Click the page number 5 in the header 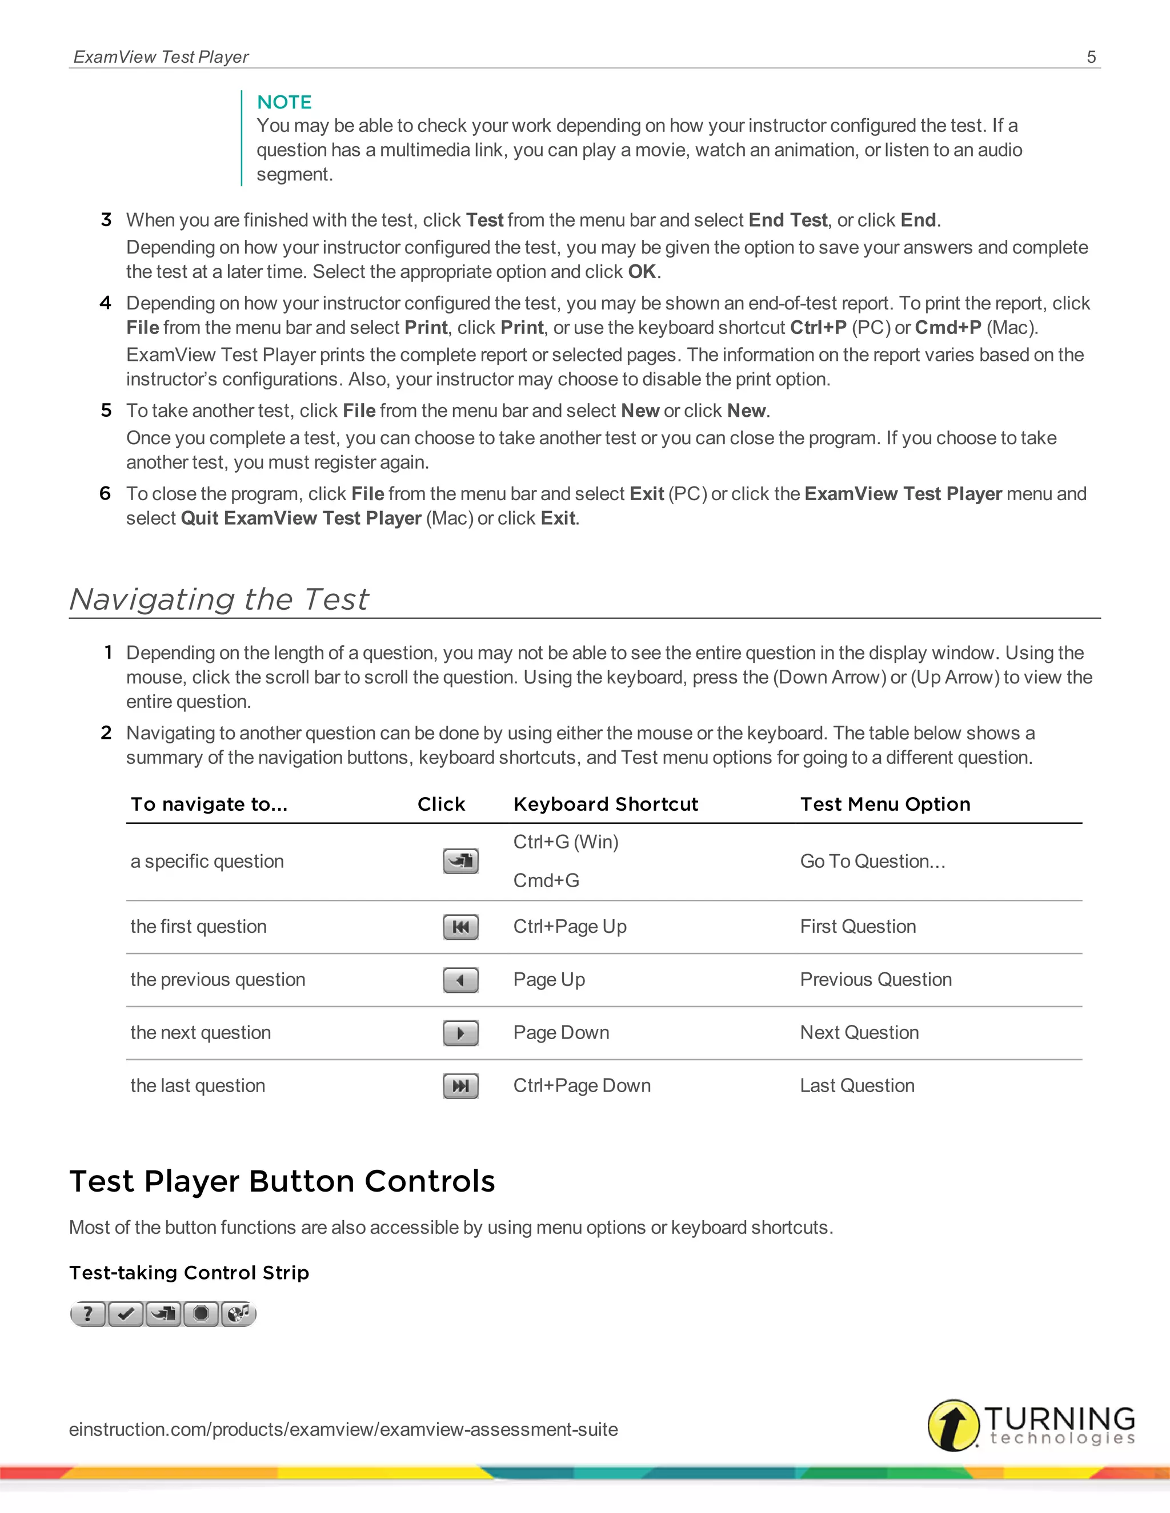click(x=1091, y=57)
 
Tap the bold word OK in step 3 click(x=642, y=272)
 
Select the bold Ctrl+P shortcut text click(x=818, y=328)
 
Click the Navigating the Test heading click(x=219, y=599)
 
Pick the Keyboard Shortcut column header click(x=605, y=804)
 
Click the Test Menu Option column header click(x=885, y=804)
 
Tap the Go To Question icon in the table click(x=460, y=861)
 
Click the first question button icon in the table click(x=460, y=927)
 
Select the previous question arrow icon click(x=460, y=980)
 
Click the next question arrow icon click(x=460, y=1033)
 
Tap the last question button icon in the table click(x=460, y=1085)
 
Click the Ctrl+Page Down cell click(x=582, y=1085)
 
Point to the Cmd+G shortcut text click(x=546, y=880)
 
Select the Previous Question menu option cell click(x=875, y=980)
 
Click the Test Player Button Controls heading click(x=282, y=1181)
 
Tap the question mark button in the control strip click(x=88, y=1314)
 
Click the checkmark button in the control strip click(x=126, y=1314)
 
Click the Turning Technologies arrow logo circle click(x=953, y=1425)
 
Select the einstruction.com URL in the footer click(x=343, y=1429)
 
